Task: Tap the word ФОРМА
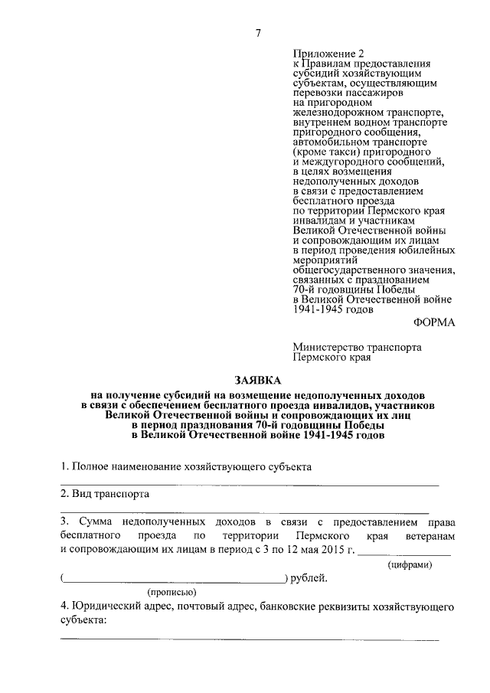click(433, 322)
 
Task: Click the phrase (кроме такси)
click(325, 152)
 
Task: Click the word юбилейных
click(430, 250)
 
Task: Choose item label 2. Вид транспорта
click(105, 494)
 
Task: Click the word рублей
click(310, 577)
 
